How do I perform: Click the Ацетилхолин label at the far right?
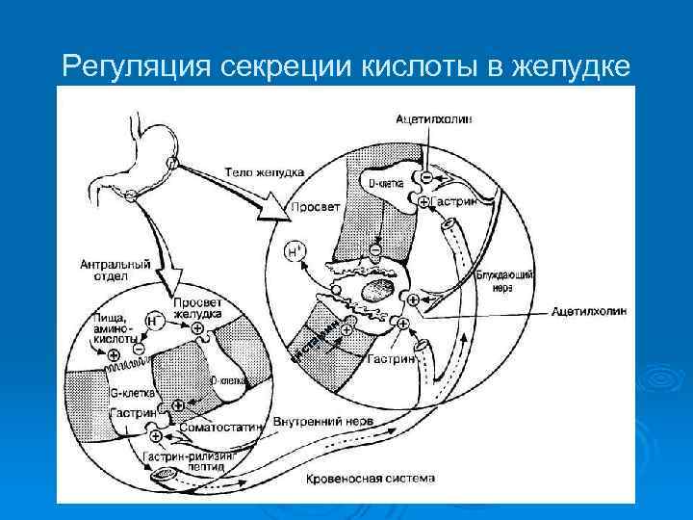589,312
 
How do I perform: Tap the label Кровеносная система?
370,478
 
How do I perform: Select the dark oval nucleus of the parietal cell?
376,291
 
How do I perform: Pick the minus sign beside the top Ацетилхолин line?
424,177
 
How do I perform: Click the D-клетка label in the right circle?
386,182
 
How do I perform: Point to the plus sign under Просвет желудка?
199,329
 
